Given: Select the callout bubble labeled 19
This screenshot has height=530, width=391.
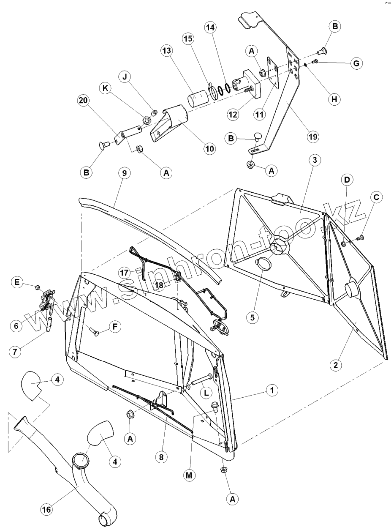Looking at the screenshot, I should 313,137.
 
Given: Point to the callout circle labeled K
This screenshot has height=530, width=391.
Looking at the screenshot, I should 106,88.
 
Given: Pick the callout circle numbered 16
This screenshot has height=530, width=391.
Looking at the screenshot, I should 47,510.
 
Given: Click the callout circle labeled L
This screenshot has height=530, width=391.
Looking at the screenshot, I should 206,393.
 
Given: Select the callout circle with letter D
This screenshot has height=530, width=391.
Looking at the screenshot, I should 347,179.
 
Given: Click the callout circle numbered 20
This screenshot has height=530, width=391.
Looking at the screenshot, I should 84,102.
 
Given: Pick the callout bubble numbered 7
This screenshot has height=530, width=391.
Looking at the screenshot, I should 16,352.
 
